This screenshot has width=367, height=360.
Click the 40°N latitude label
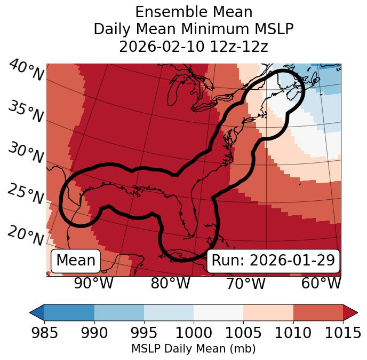(26, 71)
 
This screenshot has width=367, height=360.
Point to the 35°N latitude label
(26, 112)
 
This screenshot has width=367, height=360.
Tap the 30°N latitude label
(26, 153)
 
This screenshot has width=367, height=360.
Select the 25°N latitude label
(26, 194)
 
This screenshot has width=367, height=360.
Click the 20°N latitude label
(26, 235)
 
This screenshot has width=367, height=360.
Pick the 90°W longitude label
(93, 283)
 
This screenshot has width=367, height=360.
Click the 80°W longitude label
(170, 283)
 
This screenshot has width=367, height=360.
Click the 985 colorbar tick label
(44, 333)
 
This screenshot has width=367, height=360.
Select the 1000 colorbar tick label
(194, 333)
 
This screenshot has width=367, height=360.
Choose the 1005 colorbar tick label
(243, 333)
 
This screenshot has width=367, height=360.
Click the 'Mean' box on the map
(76, 261)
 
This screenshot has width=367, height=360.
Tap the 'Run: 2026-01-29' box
(273, 261)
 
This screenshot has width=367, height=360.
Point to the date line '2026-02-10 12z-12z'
(194, 46)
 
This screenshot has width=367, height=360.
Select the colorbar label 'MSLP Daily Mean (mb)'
(194, 349)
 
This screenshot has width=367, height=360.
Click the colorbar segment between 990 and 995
(119, 312)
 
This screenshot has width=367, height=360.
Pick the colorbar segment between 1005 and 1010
(268, 312)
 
